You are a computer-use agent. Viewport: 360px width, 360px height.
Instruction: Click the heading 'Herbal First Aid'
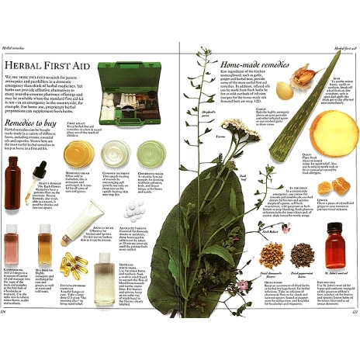pos(49,64)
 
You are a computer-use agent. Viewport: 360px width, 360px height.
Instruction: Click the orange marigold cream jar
pos(78,154)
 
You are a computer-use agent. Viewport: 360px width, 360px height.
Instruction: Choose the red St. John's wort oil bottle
pos(335,244)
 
